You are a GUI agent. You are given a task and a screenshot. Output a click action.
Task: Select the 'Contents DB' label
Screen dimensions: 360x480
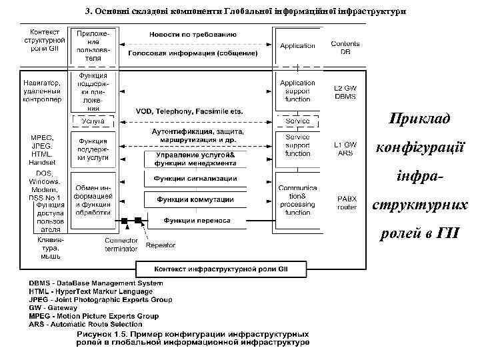(345, 47)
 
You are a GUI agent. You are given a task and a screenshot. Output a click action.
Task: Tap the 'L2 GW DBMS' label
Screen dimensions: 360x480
(345, 92)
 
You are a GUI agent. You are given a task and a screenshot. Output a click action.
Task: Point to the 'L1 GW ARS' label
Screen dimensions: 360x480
(345, 149)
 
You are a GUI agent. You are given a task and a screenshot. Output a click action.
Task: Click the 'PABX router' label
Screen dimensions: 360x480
(347, 203)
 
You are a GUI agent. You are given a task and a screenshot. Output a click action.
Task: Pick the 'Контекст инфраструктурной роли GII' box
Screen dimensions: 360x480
(221, 269)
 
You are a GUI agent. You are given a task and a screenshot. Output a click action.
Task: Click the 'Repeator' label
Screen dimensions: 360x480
(160, 245)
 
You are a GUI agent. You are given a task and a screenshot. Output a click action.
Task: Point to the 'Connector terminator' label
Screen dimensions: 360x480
(121, 244)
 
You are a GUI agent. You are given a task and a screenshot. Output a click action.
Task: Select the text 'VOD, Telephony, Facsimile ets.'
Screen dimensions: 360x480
(189, 111)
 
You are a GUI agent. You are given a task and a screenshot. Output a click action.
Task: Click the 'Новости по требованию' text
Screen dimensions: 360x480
(193, 33)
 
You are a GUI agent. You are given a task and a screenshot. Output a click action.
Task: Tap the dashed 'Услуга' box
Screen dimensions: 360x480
(93, 122)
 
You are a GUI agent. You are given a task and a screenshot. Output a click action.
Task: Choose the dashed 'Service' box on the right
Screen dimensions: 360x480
(297, 122)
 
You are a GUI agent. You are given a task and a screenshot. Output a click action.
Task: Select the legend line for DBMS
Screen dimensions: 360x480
(95, 283)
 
